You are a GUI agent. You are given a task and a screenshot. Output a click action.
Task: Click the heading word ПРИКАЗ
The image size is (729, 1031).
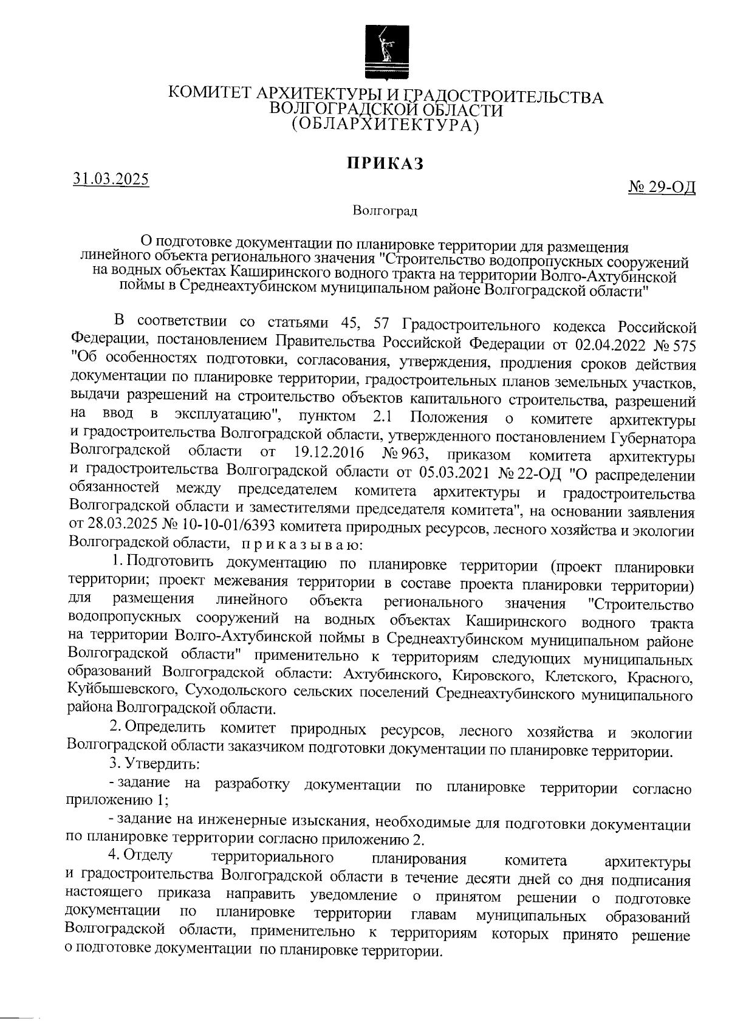[x=384, y=163]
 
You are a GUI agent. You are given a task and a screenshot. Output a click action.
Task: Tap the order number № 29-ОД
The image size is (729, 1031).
[x=662, y=187]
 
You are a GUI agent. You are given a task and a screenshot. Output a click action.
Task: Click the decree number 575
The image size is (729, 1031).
[x=681, y=344]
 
